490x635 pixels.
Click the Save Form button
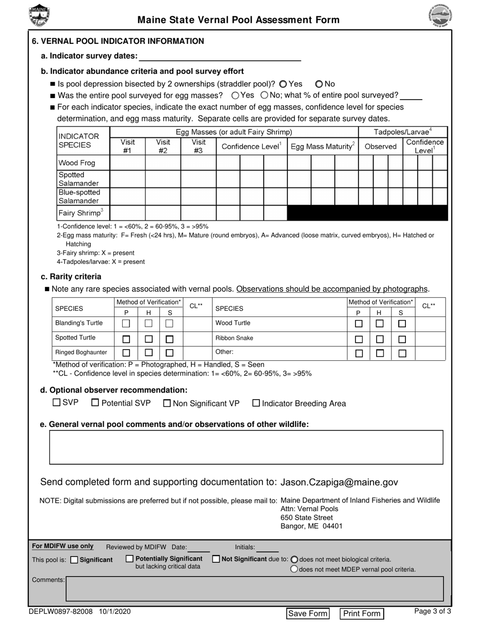point(308,613)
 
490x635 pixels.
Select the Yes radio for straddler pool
point(283,84)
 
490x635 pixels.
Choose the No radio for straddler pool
point(319,84)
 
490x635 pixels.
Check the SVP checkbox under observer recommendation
point(57,403)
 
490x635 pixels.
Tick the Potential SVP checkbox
point(95,403)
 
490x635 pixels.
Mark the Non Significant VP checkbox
point(167,403)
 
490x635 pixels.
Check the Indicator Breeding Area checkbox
point(256,403)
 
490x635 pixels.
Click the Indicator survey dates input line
point(220,56)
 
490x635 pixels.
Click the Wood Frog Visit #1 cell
point(127,163)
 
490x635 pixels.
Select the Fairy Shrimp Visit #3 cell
point(198,213)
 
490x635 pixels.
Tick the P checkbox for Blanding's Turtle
point(126,323)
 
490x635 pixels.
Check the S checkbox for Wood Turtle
point(402,323)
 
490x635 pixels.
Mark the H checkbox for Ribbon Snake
point(380,338)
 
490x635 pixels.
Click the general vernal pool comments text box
point(246,447)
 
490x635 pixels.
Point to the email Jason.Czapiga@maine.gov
point(339,482)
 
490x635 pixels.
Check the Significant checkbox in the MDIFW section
point(74,560)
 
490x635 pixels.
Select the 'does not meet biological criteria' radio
point(295,559)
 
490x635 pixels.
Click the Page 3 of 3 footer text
point(433,611)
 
